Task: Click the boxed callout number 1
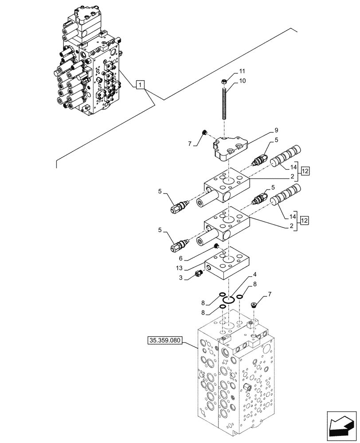(140, 84)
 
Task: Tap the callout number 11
(242, 71)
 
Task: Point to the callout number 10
(243, 81)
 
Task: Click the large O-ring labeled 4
(228, 301)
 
